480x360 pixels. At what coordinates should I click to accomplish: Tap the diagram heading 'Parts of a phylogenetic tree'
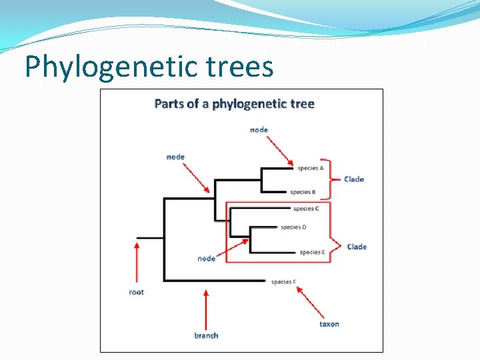(x=234, y=104)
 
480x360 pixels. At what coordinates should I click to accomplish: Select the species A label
(x=311, y=168)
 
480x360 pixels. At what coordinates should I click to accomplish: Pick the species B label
(x=303, y=192)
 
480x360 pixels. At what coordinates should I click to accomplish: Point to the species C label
(x=306, y=209)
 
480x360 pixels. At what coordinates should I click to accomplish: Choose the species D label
(x=293, y=227)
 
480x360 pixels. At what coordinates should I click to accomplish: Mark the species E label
(x=313, y=252)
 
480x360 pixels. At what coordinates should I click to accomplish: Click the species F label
(x=283, y=282)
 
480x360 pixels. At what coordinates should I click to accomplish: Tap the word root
(x=136, y=292)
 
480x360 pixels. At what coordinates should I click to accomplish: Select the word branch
(x=206, y=335)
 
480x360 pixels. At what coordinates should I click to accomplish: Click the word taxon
(x=329, y=324)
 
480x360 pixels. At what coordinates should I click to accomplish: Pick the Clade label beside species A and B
(x=354, y=179)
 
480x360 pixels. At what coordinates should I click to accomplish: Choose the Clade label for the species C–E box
(x=357, y=247)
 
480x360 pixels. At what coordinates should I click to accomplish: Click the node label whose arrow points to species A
(x=259, y=129)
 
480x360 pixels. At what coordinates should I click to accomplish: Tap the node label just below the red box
(x=206, y=259)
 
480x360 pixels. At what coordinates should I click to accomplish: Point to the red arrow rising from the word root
(x=137, y=263)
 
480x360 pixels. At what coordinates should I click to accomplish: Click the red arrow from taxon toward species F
(x=310, y=302)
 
